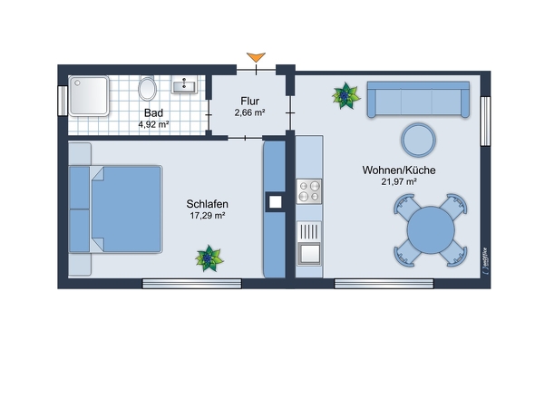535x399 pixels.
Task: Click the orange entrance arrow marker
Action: [x=256, y=57]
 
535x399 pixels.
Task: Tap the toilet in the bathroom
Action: [x=148, y=88]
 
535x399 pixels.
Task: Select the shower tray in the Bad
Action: [x=89, y=96]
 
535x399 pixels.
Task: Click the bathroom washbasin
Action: [x=184, y=84]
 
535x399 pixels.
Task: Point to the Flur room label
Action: [x=249, y=101]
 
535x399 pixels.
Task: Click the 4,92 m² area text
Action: [x=153, y=124]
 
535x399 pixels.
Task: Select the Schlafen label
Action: [x=207, y=204]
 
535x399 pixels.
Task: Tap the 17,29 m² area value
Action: [x=207, y=216]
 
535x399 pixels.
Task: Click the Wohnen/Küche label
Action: [x=399, y=170]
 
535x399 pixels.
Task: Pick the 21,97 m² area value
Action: [x=399, y=182]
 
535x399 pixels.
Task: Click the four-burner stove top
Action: [x=309, y=191]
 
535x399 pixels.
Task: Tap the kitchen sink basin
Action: [x=309, y=254]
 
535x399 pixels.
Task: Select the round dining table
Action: [x=431, y=230]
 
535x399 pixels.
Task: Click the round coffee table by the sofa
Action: [x=418, y=140]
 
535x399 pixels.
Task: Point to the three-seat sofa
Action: [x=418, y=100]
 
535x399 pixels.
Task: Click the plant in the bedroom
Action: [x=209, y=258]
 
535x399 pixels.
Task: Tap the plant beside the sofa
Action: [x=346, y=95]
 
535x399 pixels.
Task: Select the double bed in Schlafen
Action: [x=115, y=209]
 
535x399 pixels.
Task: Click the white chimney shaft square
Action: [x=276, y=202]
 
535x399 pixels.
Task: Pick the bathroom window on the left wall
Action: [x=63, y=101]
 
